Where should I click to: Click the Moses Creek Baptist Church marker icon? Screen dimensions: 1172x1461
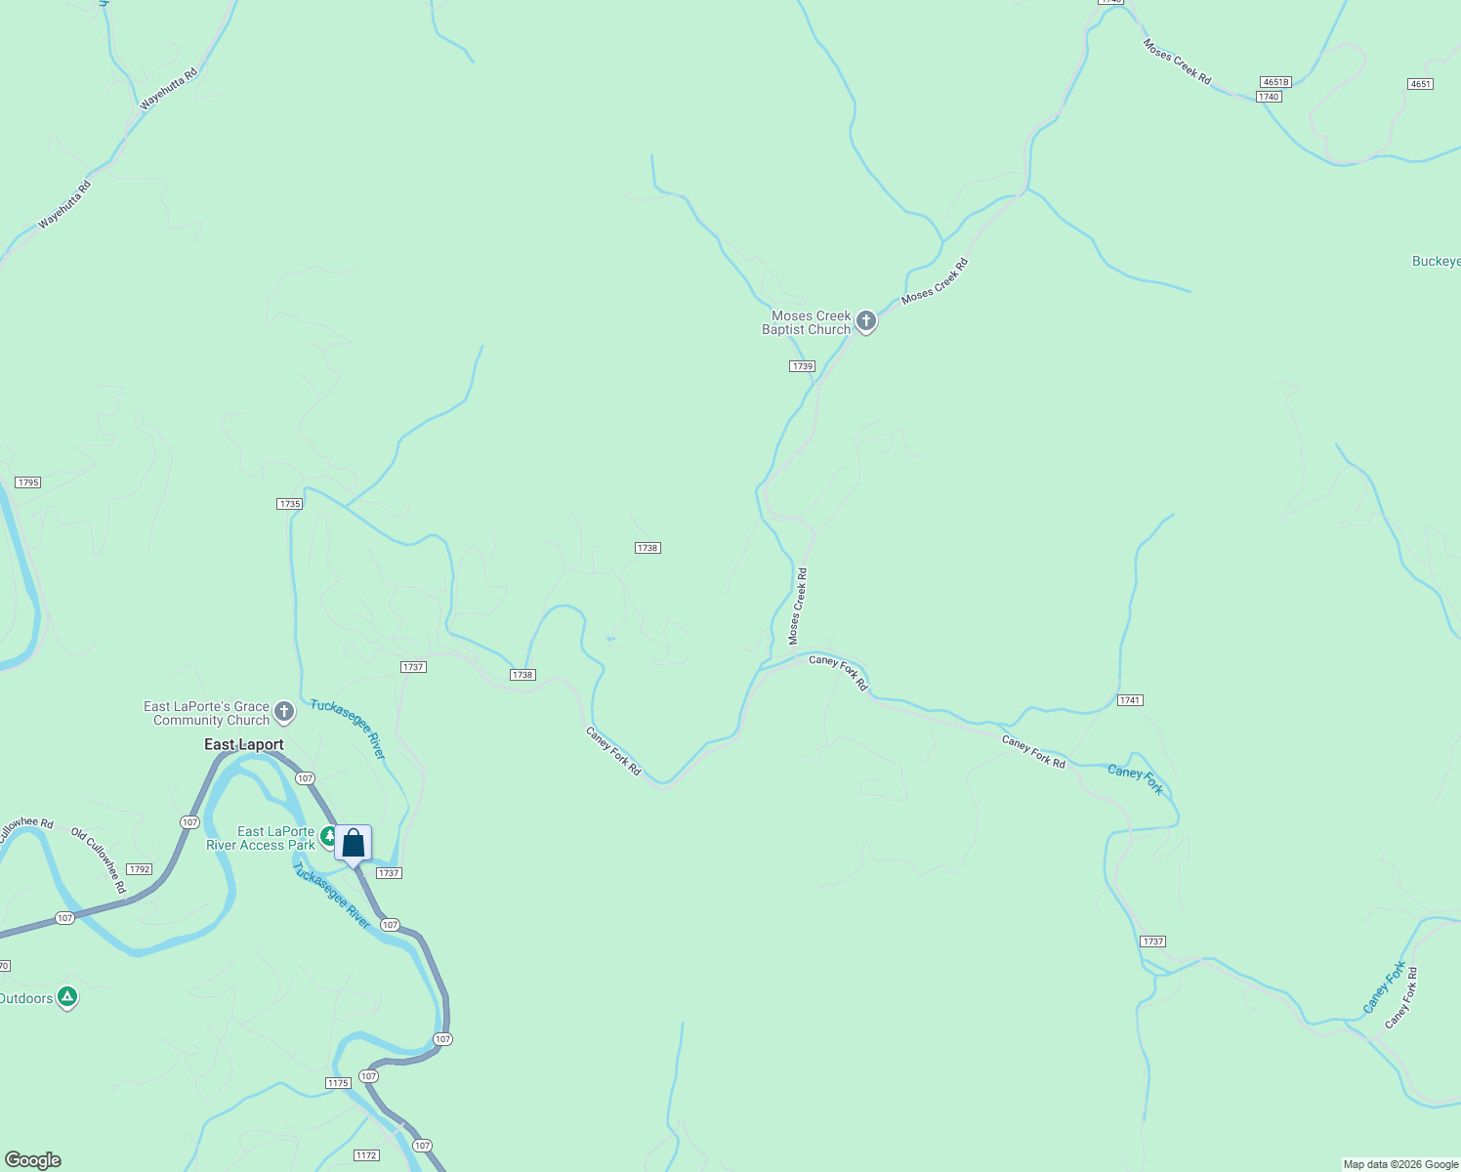[x=865, y=321]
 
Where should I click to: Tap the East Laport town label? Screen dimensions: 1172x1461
[x=244, y=745]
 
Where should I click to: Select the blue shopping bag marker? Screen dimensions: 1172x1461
[x=353, y=844]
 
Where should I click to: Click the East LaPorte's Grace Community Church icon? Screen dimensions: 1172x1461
[x=284, y=712]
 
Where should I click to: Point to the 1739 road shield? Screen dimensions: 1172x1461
[x=802, y=366]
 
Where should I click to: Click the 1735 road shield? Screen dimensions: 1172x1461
[x=289, y=504]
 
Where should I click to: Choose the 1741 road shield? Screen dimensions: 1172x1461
[x=1130, y=700]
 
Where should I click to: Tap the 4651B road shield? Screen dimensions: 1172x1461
[x=1275, y=82]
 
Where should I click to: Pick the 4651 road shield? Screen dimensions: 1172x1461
[x=1420, y=84]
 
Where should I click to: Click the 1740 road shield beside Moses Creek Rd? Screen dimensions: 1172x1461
[x=1268, y=97]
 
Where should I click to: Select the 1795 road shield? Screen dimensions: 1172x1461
[x=27, y=482]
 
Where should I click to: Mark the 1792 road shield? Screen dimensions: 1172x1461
[x=139, y=869]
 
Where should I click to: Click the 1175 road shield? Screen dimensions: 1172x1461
[x=337, y=1083]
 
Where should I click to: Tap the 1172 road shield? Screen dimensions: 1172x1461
[x=365, y=1155]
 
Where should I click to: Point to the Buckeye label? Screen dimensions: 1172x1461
[x=1436, y=261]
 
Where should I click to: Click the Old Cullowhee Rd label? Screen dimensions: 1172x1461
[x=100, y=860]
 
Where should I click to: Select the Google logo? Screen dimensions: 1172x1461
[x=33, y=1160]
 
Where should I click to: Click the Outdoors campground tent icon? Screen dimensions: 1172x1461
[x=66, y=997]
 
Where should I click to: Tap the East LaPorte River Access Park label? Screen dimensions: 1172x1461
[x=261, y=839]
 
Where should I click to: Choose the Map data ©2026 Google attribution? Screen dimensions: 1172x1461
[x=1399, y=1164]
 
